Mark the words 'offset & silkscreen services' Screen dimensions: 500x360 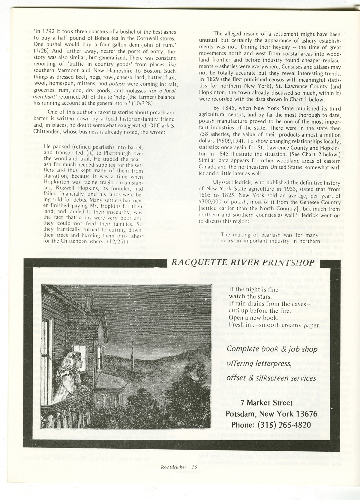click(271, 378)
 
